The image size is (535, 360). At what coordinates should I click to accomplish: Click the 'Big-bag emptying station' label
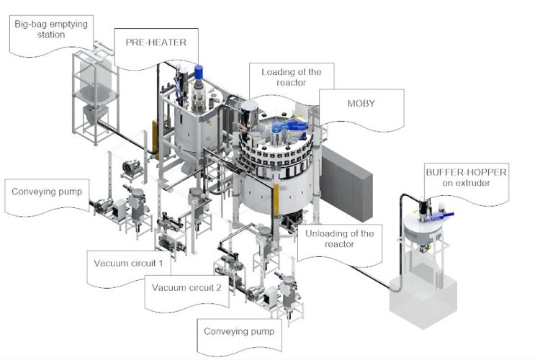(51, 30)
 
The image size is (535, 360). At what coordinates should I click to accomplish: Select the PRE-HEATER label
(156, 42)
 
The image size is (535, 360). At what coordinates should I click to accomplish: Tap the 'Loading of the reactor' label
(292, 77)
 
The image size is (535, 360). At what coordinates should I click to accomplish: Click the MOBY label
(361, 104)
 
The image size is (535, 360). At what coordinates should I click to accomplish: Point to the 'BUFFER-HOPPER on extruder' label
(466, 177)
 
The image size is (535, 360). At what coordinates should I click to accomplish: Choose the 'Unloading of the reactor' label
(339, 239)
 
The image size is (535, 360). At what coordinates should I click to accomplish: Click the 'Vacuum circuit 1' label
(128, 264)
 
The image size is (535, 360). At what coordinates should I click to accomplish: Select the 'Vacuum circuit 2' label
(186, 288)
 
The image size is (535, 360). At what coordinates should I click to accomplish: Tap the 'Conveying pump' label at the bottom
(239, 331)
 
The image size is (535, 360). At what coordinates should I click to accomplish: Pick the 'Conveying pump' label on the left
(47, 192)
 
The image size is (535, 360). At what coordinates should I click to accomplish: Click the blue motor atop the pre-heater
(199, 72)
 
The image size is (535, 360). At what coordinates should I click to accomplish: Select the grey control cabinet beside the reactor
(346, 184)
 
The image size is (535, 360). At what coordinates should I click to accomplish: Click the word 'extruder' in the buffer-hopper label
(466, 183)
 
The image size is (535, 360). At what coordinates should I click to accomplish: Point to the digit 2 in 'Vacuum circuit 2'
(218, 288)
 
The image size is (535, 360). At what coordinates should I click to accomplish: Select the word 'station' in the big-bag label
(51, 35)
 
